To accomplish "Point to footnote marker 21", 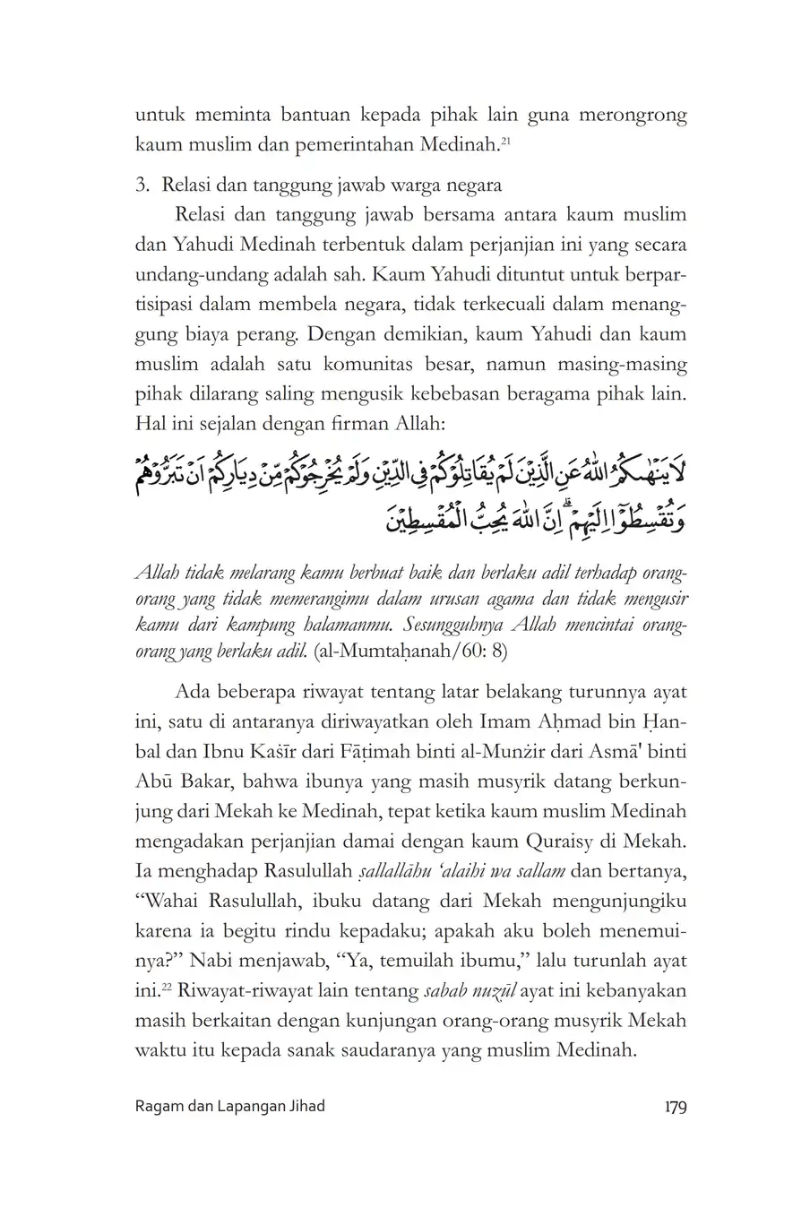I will pyautogui.click(x=505, y=138).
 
